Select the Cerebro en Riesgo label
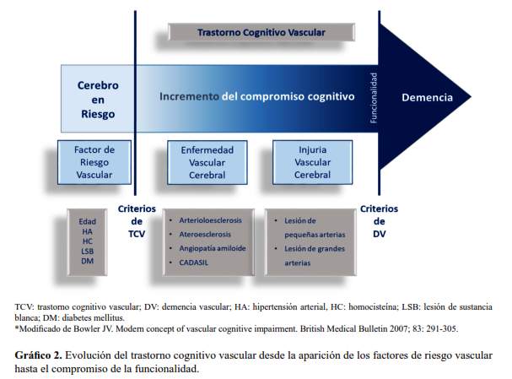click(x=98, y=100)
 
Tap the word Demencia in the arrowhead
click(x=426, y=97)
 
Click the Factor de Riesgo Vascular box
click(x=94, y=162)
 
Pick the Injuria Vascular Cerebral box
click(x=312, y=162)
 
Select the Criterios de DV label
click(x=379, y=221)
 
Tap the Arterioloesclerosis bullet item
click(x=210, y=219)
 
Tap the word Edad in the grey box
click(x=87, y=222)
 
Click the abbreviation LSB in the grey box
click(x=87, y=252)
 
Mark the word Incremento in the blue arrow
click(x=190, y=97)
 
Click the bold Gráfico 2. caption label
click(x=37, y=354)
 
